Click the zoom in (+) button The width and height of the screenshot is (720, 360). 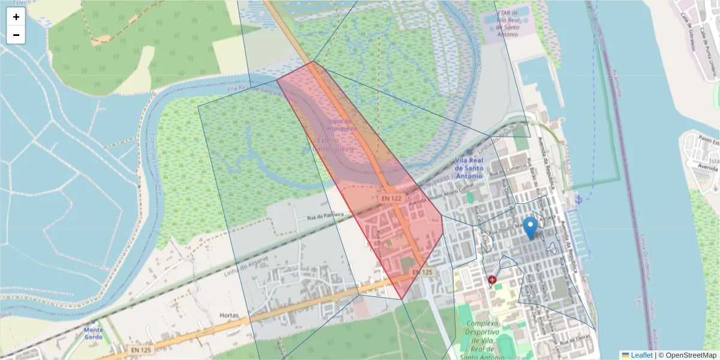pos(16,17)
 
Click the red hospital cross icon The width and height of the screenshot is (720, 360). pos(492,280)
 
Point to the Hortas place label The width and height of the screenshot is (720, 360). pos(229,315)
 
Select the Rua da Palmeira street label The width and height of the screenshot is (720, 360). pos(325,215)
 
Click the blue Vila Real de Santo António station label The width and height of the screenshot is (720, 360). pos(469,169)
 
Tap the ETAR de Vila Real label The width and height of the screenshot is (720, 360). pos(507,22)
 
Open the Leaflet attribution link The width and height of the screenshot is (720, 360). pos(641,355)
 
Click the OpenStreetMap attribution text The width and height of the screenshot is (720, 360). pos(690,355)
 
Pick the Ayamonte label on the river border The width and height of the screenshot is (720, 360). pos(614,82)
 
